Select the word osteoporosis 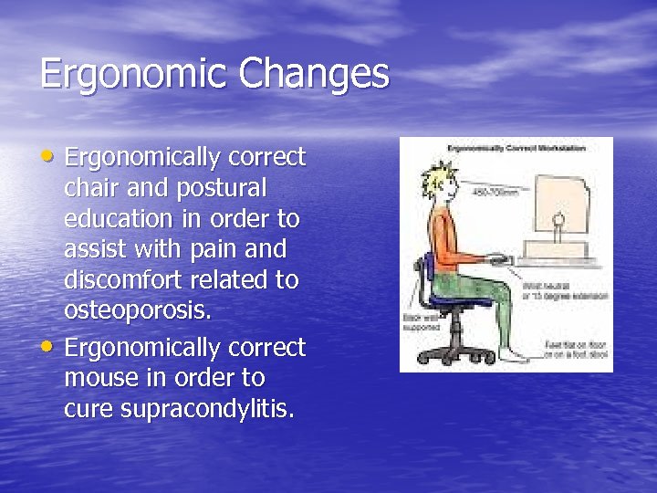138,311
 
